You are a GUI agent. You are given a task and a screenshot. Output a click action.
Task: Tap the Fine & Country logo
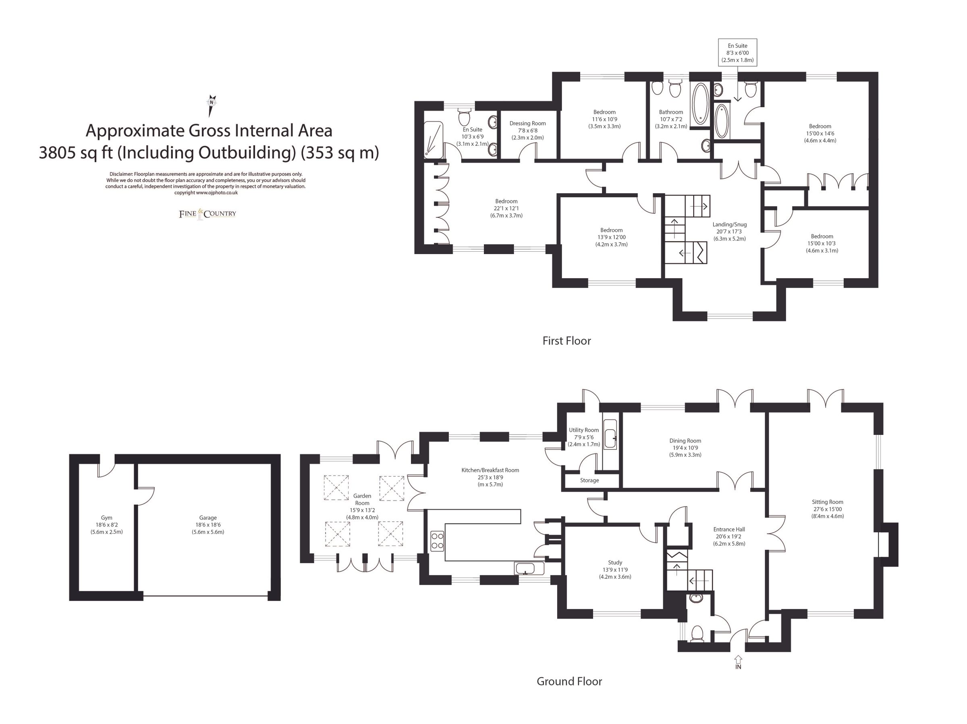[x=207, y=214]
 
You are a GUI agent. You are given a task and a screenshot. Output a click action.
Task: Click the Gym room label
[x=106, y=518]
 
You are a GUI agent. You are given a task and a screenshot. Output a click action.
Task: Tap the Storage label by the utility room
[x=589, y=480]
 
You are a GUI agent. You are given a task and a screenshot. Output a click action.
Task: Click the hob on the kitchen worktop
[x=437, y=540]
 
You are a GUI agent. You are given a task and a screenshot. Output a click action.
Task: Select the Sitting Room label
[x=828, y=502]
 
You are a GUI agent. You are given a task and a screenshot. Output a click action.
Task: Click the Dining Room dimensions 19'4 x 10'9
[x=685, y=448]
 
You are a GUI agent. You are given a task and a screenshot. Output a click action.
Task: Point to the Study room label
[x=614, y=563]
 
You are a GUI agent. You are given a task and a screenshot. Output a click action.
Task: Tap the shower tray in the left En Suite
[x=433, y=139]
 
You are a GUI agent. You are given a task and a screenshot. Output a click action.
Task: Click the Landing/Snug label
[x=729, y=225]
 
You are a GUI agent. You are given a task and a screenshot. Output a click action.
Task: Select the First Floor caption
[x=566, y=341]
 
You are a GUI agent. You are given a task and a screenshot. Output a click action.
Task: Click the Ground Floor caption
[x=569, y=681]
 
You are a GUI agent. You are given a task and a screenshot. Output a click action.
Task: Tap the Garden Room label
[x=362, y=499]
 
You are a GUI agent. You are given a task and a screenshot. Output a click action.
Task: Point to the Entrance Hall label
[x=729, y=529]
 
